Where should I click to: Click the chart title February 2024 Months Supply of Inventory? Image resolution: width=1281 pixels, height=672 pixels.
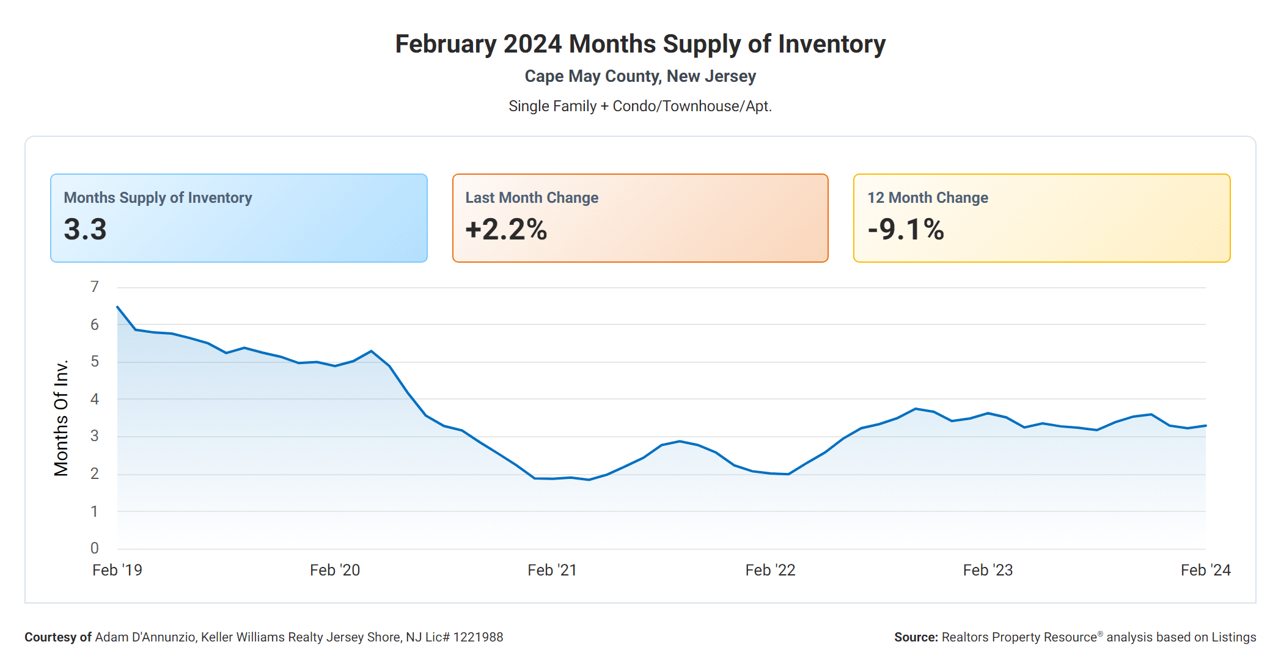[640, 44]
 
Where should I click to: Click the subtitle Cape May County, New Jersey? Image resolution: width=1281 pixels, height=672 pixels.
[640, 76]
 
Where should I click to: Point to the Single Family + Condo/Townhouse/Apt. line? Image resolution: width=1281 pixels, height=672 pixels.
[640, 106]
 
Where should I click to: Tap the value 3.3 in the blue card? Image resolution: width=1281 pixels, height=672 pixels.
[85, 230]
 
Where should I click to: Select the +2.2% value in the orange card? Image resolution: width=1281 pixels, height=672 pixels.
[506, 230]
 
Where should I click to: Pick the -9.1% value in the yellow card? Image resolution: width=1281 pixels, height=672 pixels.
[906, 230]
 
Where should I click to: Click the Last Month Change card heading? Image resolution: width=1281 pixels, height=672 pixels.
[532, 198]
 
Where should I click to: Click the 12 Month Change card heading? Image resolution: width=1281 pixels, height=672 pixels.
[928, 198]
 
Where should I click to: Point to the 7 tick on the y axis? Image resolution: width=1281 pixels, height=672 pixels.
[94, 287]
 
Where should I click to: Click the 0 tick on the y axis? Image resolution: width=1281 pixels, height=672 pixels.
[94, 548]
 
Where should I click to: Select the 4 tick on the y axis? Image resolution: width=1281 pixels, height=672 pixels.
[94, 399]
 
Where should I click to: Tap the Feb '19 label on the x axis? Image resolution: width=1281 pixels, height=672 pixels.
[117, 570]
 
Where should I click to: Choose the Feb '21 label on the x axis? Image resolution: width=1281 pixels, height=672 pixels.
[552, 570]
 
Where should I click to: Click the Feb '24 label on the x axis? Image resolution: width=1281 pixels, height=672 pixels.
[1205, 570]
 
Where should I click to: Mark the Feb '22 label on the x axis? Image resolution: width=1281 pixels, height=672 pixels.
[770, 570]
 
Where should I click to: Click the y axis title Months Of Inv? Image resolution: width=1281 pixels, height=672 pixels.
[61, 418]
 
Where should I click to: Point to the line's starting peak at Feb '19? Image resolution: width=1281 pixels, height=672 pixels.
[117, 307]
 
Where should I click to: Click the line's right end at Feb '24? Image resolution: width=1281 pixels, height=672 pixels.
[1205, 425]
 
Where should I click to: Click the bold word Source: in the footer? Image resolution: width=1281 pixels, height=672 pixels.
[916, 637]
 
